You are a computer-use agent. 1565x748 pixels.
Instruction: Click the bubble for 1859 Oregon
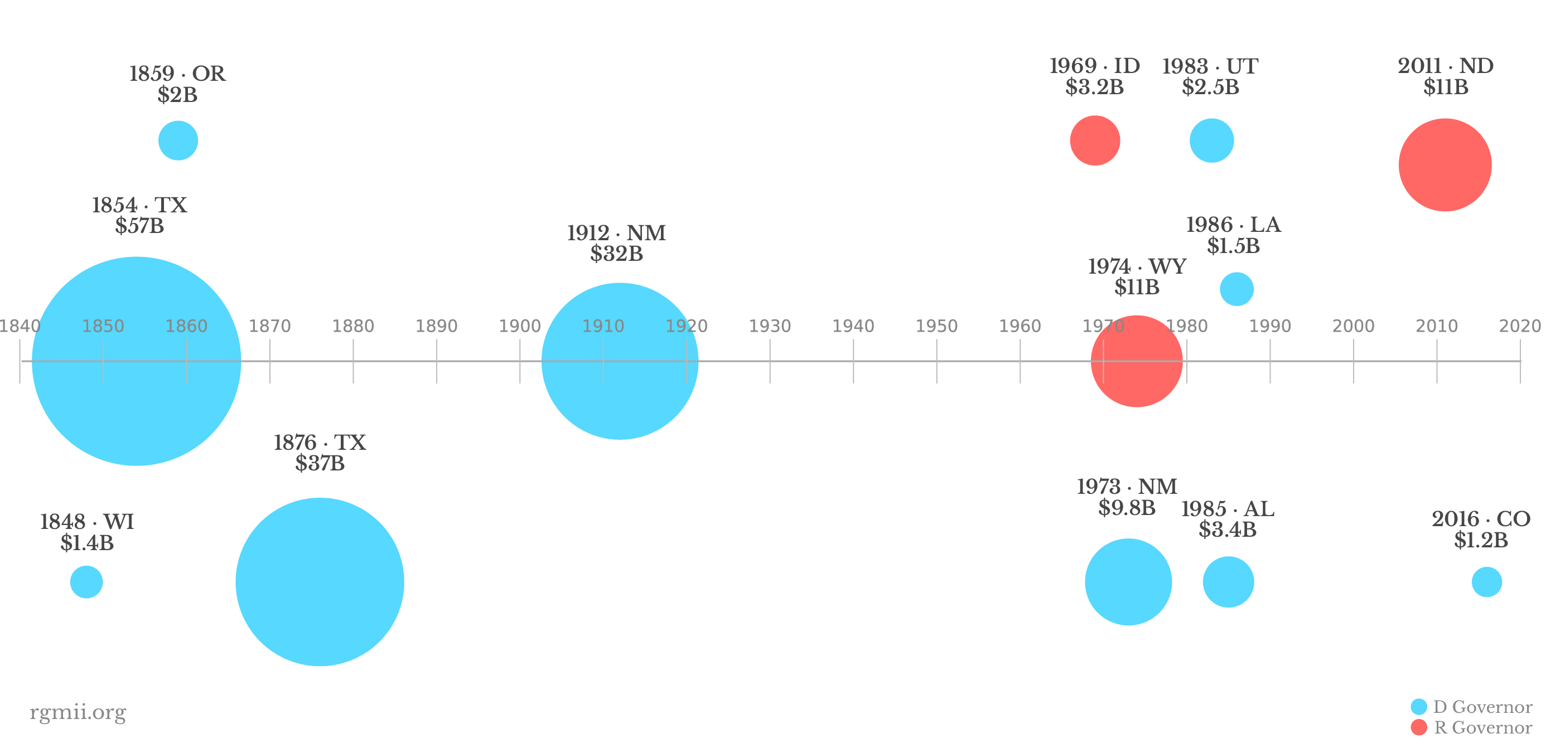pyautogui.click(x=178, y=141)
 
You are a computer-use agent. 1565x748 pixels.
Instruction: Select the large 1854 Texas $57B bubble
pyautogui.click(x=137, y=361)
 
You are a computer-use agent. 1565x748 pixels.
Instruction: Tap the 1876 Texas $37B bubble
pyautogui.click(x=320, y=582)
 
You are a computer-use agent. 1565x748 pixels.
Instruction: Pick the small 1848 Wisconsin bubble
pyautogui.click(x=86, y=582)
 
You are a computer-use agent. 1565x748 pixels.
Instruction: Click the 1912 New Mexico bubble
pyautogui.click(x=620, y=361)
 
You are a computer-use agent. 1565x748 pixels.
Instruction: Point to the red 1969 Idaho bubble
pyautogui.click(x=1095, y=141)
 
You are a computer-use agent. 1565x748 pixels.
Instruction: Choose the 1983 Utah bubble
pyautogui.click(x=1211, y=141)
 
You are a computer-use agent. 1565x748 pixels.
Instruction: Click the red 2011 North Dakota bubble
pyautogui.click(x=1445, y=165)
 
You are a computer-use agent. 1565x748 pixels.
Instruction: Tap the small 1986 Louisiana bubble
pyautogui.click(x=1236, y=289)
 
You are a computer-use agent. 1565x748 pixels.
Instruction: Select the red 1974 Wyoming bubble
pyautogui.click(x=1137, y=361)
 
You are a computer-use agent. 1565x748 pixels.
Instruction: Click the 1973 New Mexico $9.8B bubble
pyautogui.click(x=1128, y=582)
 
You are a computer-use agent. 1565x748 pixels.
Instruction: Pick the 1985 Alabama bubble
pyautogui.click(x=1229, y=582)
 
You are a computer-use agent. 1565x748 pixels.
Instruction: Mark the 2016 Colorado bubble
pyautogui.click(x=1486, y=582)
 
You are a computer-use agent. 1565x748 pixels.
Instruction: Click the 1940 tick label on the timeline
pyautogui.click(x=853, y=326)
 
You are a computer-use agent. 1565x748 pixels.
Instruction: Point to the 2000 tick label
pyautogui.click(x=1353, y=326)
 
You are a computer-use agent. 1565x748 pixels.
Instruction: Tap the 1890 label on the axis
pyautogui.click(x=436, y=326)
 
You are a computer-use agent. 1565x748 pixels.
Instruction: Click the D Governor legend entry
pyautogui.click(x=1471, y=707)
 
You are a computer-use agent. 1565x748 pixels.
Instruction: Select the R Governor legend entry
pyautogui.click(x=1471, y=727)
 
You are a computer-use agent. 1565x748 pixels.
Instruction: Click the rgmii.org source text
pyautogui.click(x=78, y=713)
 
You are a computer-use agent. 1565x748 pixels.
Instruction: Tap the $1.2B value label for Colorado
pyautogui.click(x=1481, y=540)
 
